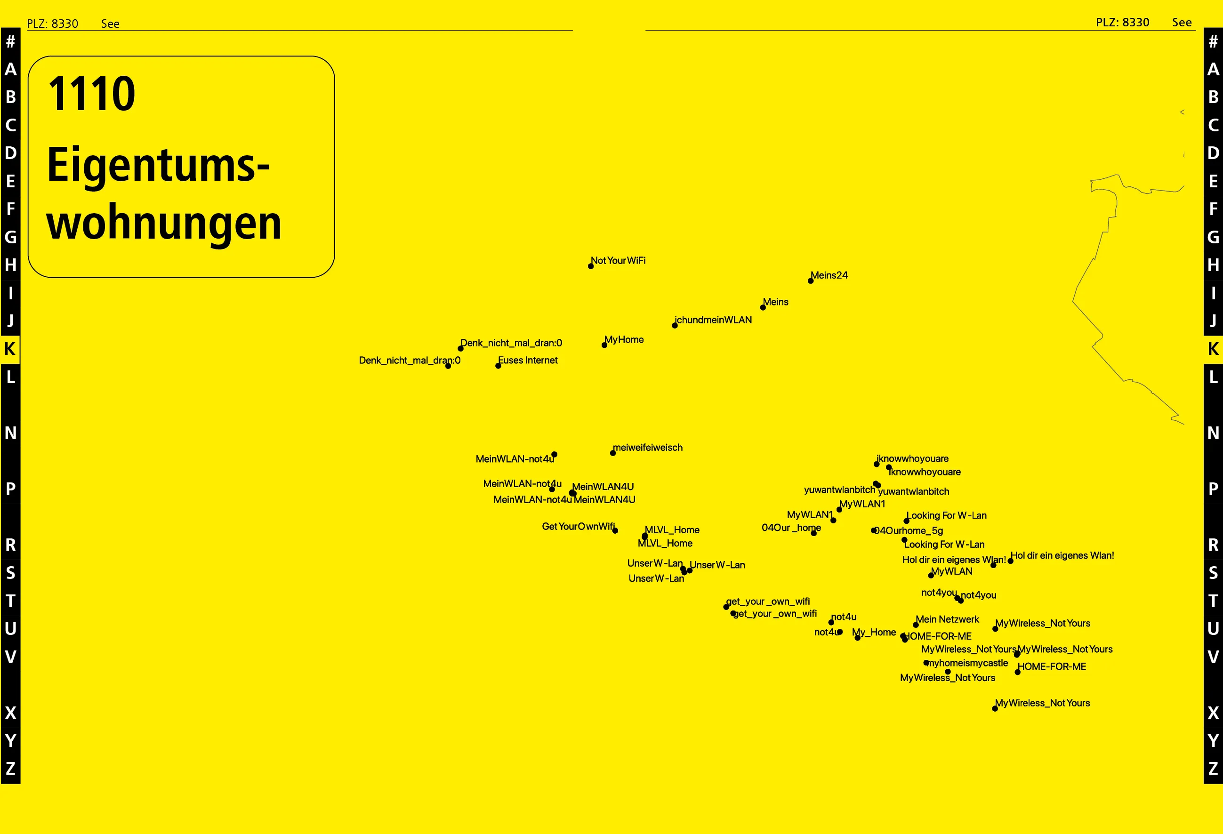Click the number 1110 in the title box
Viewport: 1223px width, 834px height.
[x=92, y=94]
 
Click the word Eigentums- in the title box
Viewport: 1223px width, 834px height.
[x=158, y=166]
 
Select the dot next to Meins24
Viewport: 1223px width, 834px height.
[x=811, y=281]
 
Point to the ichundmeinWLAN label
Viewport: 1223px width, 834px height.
[x=713, y=320]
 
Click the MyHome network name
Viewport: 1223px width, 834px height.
[x=624, y=340]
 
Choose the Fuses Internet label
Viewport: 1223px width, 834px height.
[x=528, y=361]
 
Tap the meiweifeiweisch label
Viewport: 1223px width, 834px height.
[x=648, y=448]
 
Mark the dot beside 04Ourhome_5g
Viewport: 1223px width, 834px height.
[x=874, y=530]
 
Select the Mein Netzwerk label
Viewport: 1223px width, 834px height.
[x=947, y=619]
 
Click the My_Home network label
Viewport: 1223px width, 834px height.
[x=874, y=633]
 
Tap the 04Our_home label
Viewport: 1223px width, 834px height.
[x=791, y=528]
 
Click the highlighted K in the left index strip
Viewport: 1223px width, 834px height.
[x=10, y=349]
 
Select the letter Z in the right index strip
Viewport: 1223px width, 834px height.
[x=1213, y=769]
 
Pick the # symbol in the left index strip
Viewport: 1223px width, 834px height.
[x=10, y=41]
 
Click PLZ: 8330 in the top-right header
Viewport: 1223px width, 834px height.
[x=1122, y=22]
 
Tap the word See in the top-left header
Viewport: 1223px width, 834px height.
[x=110, y=24]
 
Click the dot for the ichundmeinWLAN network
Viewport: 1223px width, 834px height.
[x=675, y=326]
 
